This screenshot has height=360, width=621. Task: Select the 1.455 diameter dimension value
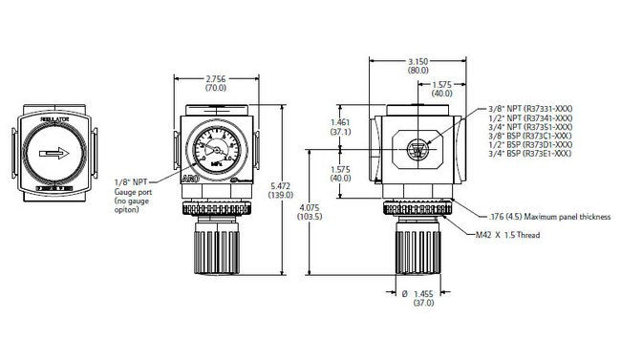tap(423, 294)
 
